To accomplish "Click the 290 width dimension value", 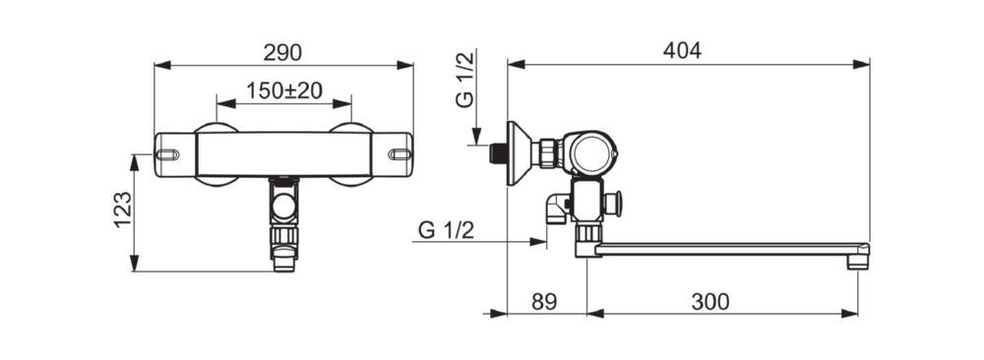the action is pos(282,53).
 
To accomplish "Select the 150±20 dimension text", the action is pos(284,90).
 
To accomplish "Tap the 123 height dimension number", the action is pos(123,210).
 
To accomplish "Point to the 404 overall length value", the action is pos(682,51).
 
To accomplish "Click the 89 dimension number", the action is pos(544,302).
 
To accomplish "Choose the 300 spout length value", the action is pos(710,302).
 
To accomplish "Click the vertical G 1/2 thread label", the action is pos(465,81).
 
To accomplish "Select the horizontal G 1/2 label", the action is pos(446,230).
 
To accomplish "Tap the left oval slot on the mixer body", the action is pos(167,154).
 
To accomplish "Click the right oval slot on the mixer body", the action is pos(400,154).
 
